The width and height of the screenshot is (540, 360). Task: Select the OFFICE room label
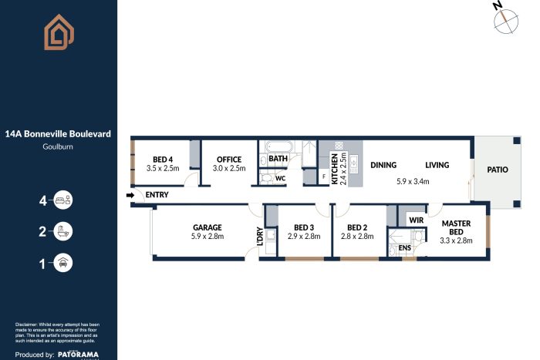[x=228, y=159]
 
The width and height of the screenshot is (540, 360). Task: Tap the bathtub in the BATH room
[x=274, y=146]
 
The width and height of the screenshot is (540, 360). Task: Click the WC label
[x=281, y=179]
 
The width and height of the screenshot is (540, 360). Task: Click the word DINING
[x=383, y=165]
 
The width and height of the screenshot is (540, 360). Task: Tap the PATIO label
[x=497, y=170]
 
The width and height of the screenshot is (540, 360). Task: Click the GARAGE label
[x=208, y=227]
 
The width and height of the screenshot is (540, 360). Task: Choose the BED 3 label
[x=304, y=227]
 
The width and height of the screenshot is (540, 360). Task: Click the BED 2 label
[x=357, y=227]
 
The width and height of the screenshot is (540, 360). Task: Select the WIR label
[x=416, y=220]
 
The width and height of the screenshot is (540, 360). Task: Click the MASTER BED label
[x=456, y=227]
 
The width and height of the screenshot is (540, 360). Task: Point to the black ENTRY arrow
[x=130, y=195]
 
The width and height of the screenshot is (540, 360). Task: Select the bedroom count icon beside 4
[x=62, y=201]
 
